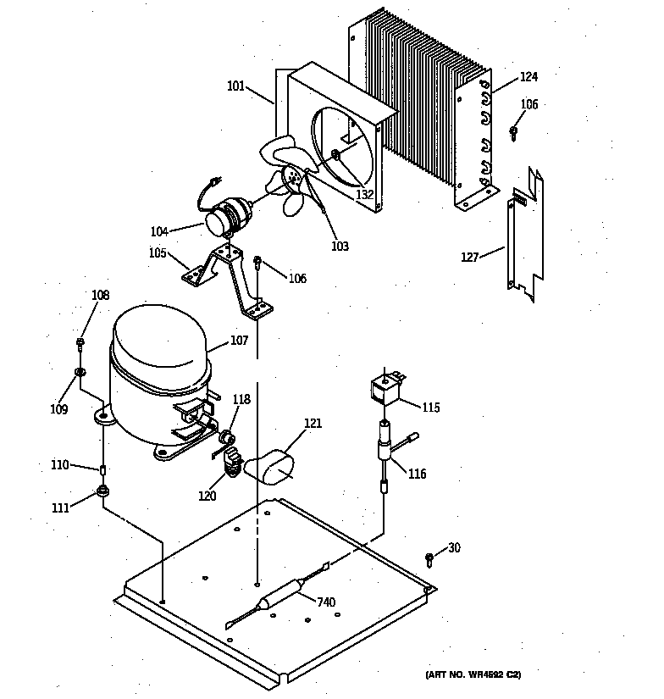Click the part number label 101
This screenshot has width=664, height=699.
point(235,86)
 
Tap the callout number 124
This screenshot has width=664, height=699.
point(528,77)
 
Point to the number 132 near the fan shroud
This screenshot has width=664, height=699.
point(365,194)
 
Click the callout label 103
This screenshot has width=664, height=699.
point(340,247)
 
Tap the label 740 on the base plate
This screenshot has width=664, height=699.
point(325,602)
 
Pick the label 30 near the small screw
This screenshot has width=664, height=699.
point(454,548)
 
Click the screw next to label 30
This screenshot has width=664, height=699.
point(429,558)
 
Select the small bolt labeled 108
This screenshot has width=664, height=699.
point(80,343)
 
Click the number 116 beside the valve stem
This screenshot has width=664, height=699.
point(417,474)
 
